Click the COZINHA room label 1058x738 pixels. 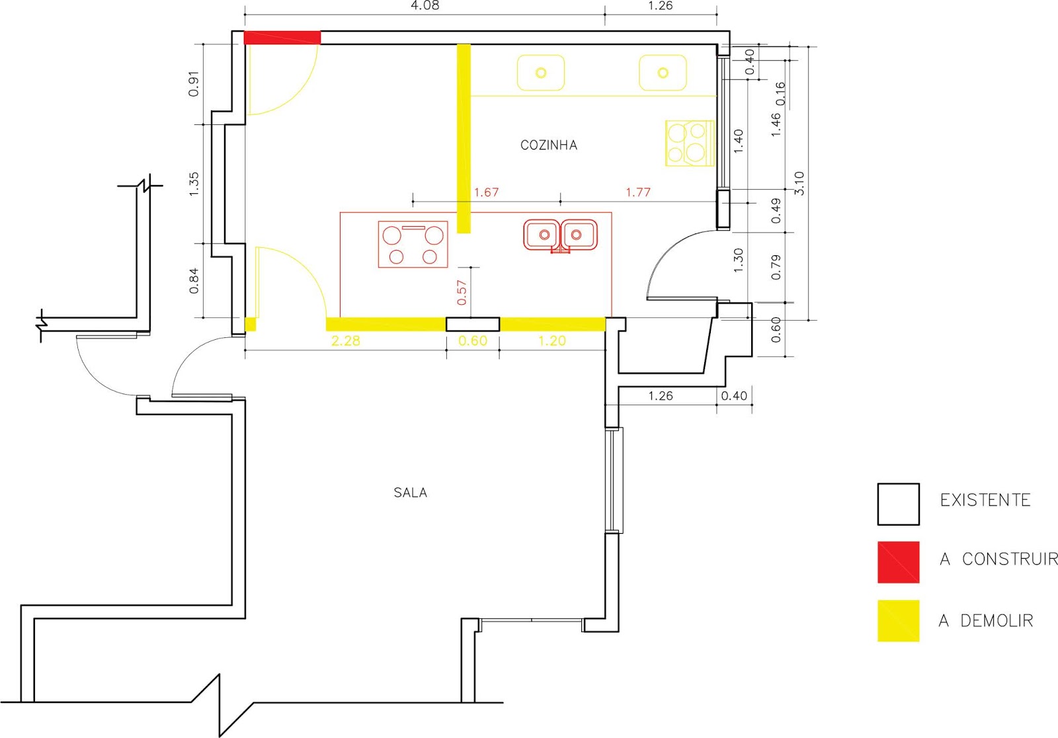point(549,145)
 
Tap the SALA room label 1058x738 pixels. point(411,493)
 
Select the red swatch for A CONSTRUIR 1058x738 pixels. point(899,562)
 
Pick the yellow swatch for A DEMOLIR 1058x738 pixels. point(899,621)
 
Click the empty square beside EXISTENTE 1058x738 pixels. point(899,504)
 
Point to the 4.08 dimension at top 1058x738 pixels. point(425,6)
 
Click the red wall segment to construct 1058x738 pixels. point(282,37)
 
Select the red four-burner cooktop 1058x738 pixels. point(413,244)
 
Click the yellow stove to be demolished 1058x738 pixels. point(690,143)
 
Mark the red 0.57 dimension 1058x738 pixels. point(462,292)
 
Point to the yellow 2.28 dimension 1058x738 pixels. point(346,341)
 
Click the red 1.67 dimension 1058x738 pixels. point(487,192)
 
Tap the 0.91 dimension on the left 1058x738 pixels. point(194,84)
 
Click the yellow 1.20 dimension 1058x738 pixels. point(552,341)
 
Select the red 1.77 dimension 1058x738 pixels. point(638,192)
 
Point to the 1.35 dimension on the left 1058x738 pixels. point(194,184)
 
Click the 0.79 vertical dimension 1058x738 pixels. point(776,267)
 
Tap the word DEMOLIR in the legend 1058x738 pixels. point(997,620)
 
